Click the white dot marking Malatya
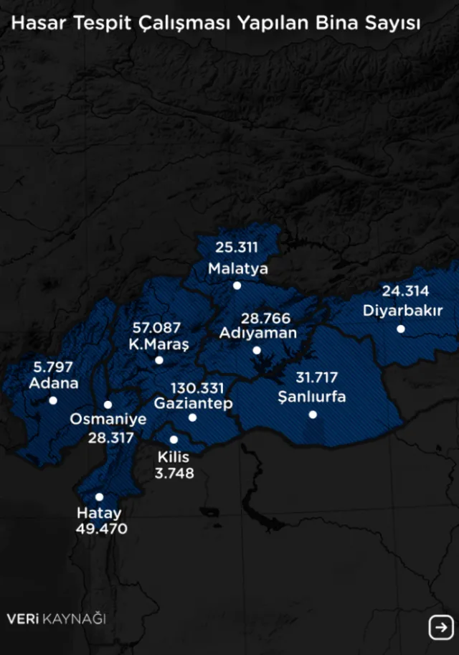[x=237, y=286]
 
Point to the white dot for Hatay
[x=99, y=496]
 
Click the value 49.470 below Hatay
[x=101, y=529]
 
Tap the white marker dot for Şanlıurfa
[x=313, y=415]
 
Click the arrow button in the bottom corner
[x=440, y=627]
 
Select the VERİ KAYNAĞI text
[x=56, y=618]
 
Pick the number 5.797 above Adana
[x=53, y=367]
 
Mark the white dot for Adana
[x=53, y=400]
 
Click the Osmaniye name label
[x=108, y=420]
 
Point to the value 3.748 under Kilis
[x=174, y=473]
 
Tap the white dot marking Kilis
[x=174, y=440]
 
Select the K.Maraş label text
[x=158, y=344]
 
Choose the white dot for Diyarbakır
[x=401, y=329]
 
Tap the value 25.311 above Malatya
[x=237, y=248]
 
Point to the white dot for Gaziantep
[x=192, y=418]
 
